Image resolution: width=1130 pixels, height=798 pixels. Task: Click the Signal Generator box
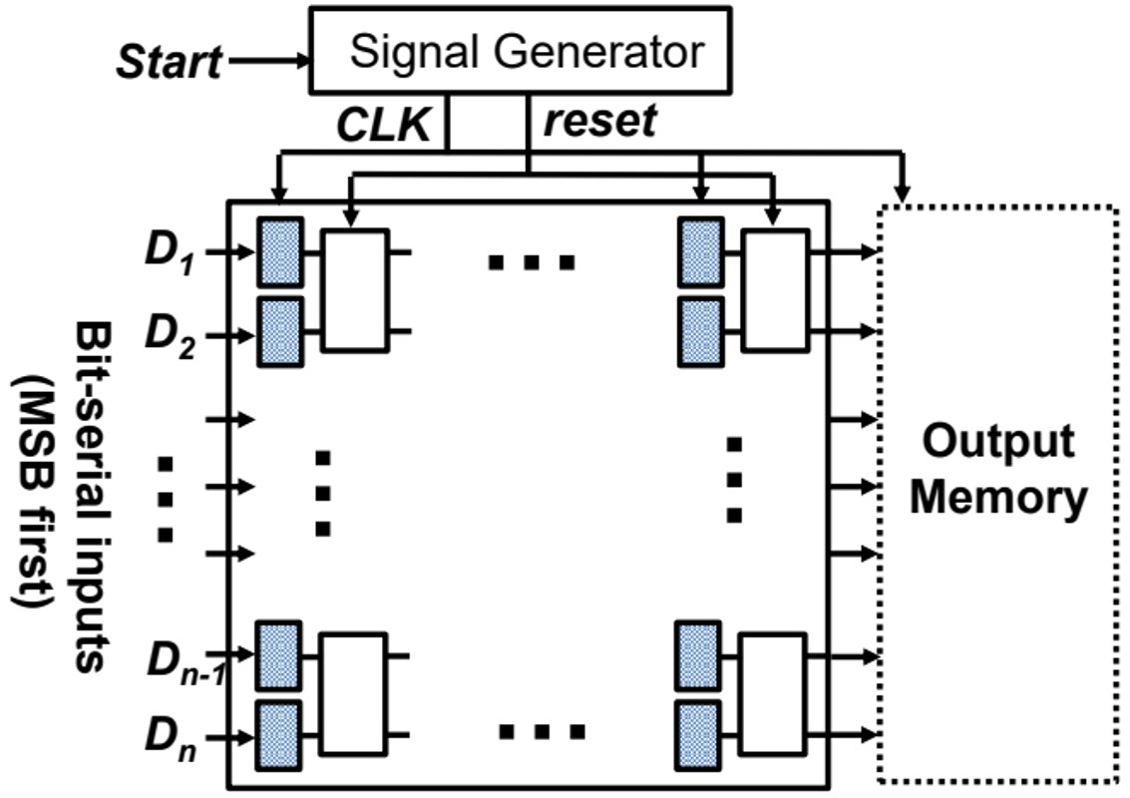[521, 50]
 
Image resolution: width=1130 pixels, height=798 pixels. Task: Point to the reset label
[599, 121]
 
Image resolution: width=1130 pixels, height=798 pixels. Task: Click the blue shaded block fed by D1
[279, 252]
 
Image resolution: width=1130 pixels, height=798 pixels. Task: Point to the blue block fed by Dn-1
[279, 656]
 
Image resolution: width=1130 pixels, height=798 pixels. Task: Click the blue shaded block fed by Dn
[279, 736]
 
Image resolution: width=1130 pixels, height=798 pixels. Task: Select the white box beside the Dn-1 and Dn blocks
[351, 694]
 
